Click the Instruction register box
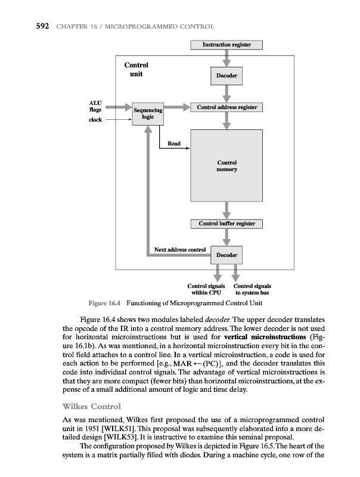click(226, 45)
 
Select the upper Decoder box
click(226, 76)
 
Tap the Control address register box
click(226, 107)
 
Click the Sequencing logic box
click(148, 113)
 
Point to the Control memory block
click(226, 166)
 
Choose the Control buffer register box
click(226, 224)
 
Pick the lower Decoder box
click(226, 255)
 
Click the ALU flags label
click(95, 107)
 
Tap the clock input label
click(95, 120)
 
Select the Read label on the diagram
click(174, 144)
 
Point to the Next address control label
click(180, 249)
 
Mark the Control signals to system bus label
click(253, 290)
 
